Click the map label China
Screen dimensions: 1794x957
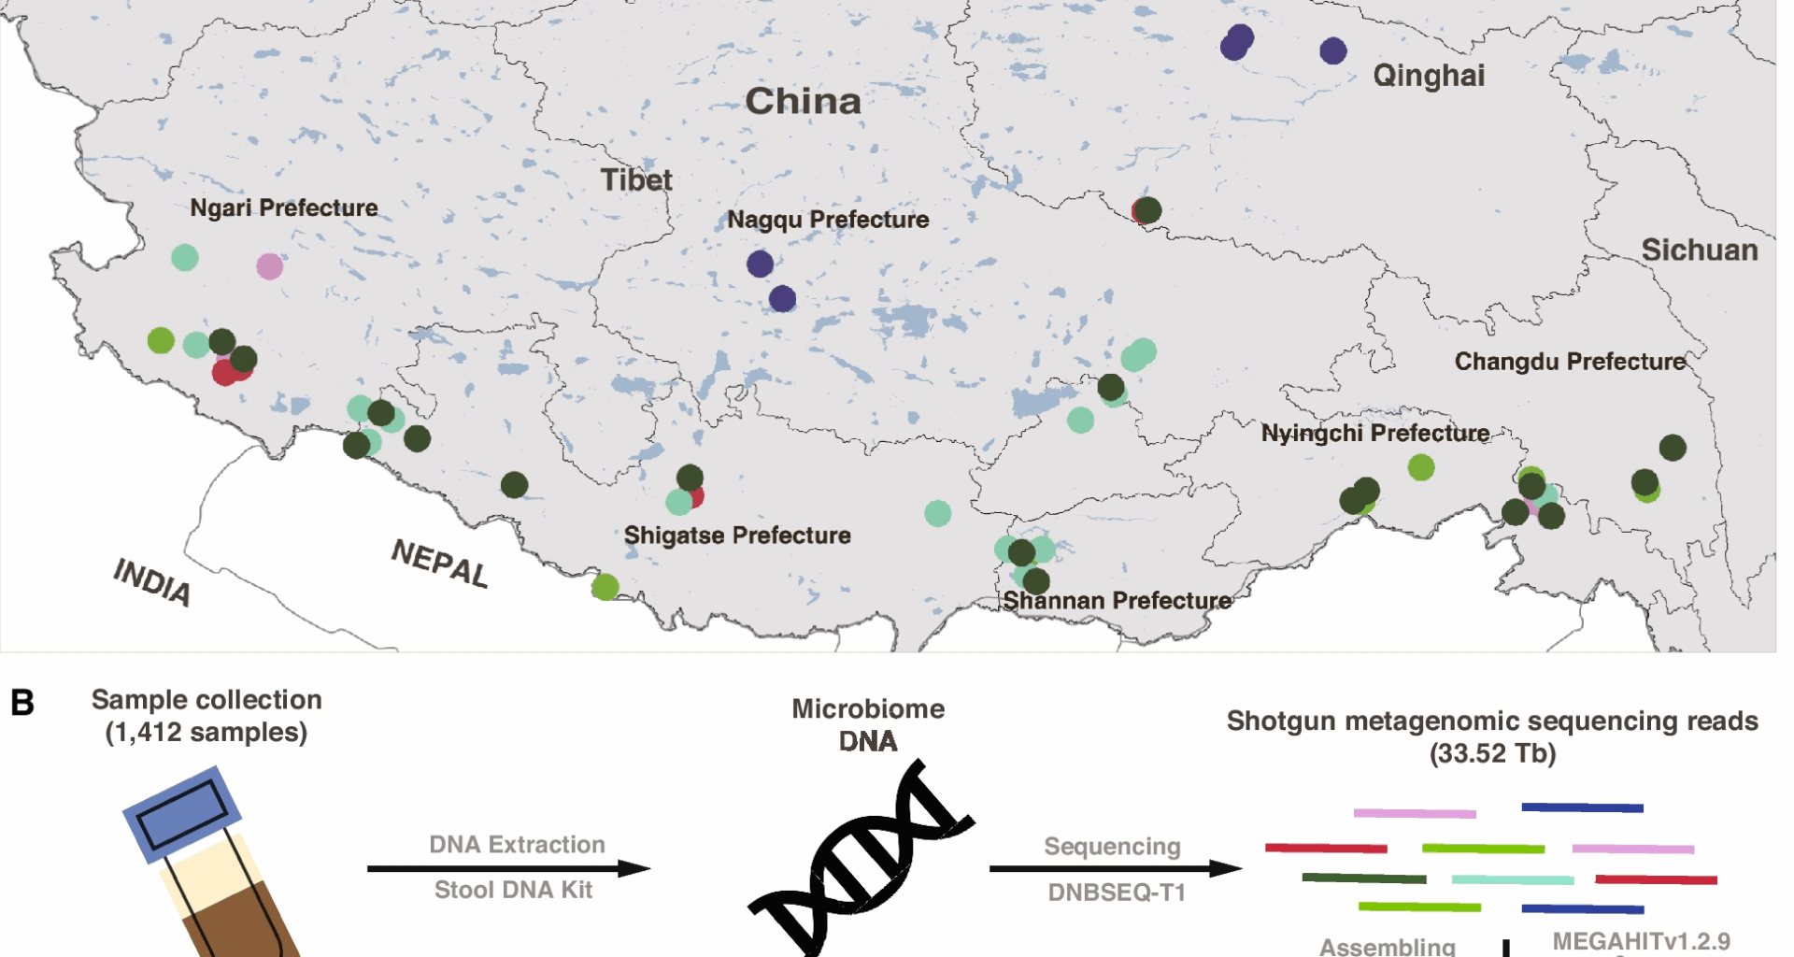point(803,101)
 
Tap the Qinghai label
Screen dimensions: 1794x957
point(1429,75)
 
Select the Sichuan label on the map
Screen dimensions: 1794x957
point(1700,250)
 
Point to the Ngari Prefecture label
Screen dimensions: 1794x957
point(284,207)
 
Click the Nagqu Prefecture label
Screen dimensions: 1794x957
point(828,220)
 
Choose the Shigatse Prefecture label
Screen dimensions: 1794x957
point(737,536)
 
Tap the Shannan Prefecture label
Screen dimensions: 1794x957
point(1118,600)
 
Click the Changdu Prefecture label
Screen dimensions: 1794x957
point(1570,362)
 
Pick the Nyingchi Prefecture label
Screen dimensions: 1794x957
point(1375,433)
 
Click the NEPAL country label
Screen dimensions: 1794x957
point(439,563)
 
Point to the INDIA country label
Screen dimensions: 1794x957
point(152,581)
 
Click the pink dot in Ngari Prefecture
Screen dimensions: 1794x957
point(270,266)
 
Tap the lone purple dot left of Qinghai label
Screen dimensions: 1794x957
point(1333,50)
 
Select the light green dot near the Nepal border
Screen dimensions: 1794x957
point(605,587)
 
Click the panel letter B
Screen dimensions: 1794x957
point(22,703)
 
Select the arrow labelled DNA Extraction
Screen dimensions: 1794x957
point(508,868)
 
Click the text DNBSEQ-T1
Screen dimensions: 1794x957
point(1117,893)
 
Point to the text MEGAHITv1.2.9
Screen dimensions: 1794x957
point(1641,941)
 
